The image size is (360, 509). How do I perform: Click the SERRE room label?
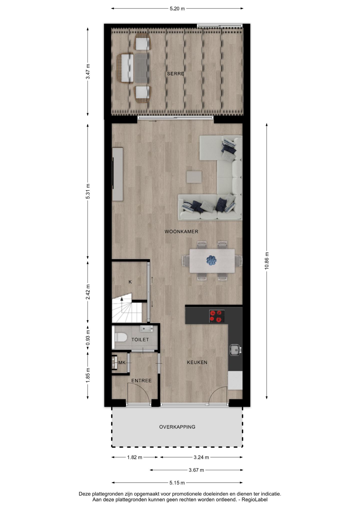point(175,74)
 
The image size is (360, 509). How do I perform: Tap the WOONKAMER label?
point(181,232)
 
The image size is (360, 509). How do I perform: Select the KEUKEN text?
point(197,362)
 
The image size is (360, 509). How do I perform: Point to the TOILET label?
point(140,340)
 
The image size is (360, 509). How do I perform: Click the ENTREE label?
point(141,381)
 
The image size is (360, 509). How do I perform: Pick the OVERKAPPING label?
point(177,427)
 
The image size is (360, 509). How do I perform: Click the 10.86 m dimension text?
point(267,260)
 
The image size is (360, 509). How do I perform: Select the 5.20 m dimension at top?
point(177,8)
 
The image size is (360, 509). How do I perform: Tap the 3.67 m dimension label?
point(196,470)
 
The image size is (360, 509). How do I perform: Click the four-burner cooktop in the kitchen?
point(216,316)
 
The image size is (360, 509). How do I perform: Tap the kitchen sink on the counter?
point(235,349)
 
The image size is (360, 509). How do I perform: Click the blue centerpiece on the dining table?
point(211,260)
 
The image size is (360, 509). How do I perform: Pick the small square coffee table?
point(194,177)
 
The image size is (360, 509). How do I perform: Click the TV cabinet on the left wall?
point(117,174)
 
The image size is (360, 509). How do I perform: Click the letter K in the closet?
point(130,282)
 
